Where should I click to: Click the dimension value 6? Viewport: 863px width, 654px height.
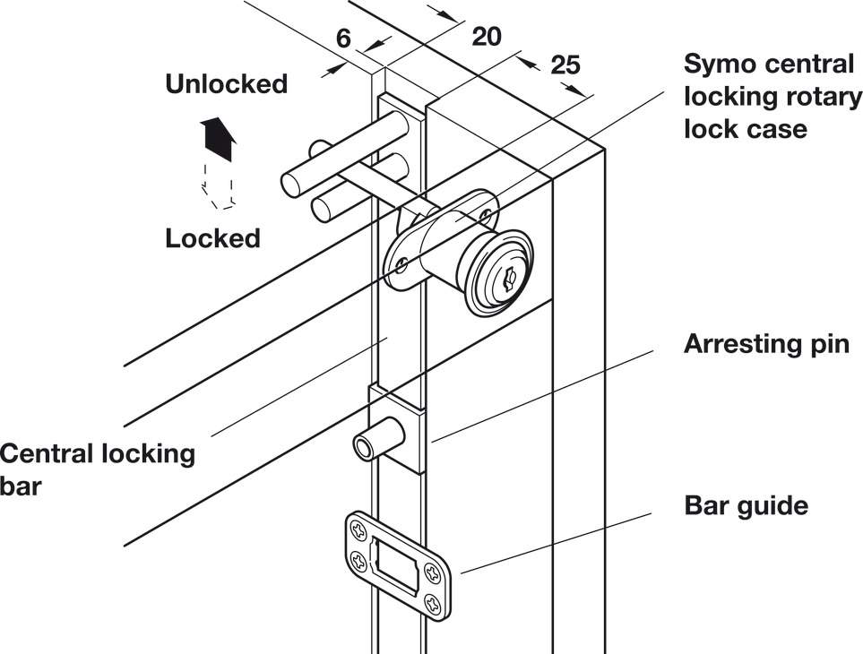[342, 39]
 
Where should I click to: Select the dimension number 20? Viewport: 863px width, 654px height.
[486, 36]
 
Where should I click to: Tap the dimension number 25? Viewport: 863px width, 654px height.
[565, 64]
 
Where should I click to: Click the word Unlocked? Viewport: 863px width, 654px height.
[226, 84]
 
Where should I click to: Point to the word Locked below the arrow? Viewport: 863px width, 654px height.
[212, 238]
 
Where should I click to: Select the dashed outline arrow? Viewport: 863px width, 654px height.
[218, 186]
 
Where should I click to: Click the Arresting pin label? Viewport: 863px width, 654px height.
[766, 344]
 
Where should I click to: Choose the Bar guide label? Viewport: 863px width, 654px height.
[746, 505]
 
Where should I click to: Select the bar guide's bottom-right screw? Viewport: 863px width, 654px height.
[436, 602]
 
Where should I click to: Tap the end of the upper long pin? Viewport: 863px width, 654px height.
[290, 185]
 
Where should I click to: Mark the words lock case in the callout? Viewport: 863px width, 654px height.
[745, 128]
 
